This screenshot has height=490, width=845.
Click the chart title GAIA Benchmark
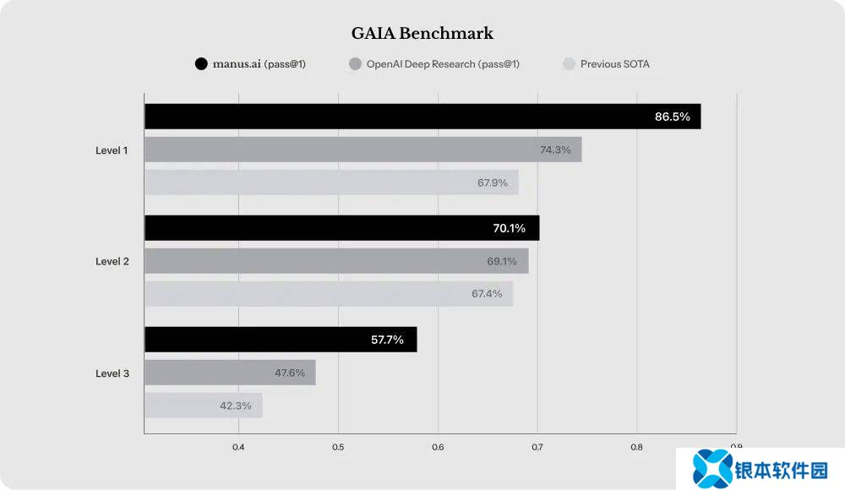(422, 34)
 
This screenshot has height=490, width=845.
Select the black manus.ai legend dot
(201, 63)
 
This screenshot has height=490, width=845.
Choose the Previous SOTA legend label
(615, 64)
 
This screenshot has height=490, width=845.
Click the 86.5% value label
(673, 117)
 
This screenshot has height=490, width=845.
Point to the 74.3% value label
(555, 150)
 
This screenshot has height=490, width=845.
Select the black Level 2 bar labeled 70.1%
(341, 228)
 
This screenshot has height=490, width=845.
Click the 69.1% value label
(502, 261)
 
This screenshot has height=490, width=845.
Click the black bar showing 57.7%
(281, 340)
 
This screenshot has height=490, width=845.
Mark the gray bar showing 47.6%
(230, 373)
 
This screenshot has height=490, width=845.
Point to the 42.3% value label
(236, 406)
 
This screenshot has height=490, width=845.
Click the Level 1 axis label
(112, 150)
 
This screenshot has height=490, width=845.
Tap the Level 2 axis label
(112, 261)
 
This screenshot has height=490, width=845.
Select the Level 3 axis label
(112, 373)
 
